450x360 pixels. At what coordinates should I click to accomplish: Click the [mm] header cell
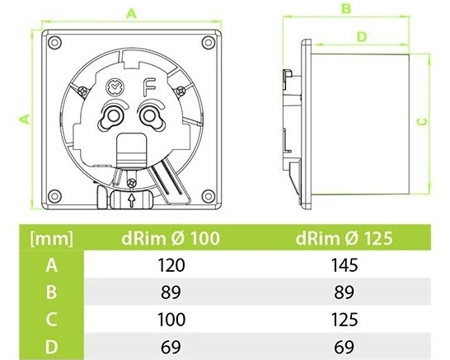(52, 240)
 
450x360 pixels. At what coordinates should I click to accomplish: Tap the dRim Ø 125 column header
(343, 240)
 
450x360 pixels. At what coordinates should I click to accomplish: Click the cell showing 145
(343, 265)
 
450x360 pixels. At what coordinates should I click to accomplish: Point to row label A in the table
(52, 265)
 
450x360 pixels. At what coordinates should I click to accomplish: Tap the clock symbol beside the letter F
(115, 86)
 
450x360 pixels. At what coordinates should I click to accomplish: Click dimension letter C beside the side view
(422, 120)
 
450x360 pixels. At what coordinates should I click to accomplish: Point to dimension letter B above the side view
(347, 10)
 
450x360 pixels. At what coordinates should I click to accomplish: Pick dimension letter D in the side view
(360, 37)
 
